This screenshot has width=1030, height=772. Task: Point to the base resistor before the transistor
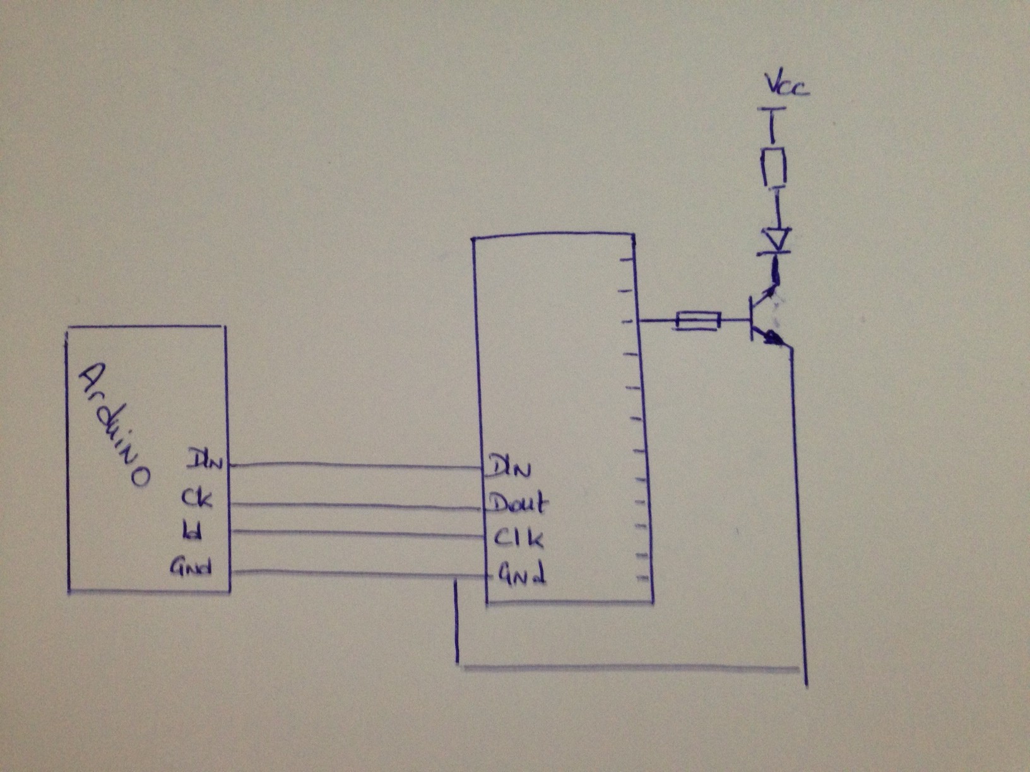click(x=698, y=321)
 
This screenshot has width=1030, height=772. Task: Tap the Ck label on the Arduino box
click(x=196, y=498)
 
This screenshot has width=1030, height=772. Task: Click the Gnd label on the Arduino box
click(x=190, y=568)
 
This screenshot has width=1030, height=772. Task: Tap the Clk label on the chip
click(x=518, y=538)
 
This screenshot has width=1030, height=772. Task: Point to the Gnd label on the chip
click(x=523, y=574)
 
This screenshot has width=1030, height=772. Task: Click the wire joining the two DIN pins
click(x=357, y=467)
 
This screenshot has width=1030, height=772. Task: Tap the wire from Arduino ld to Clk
click(x=357, y=534)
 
